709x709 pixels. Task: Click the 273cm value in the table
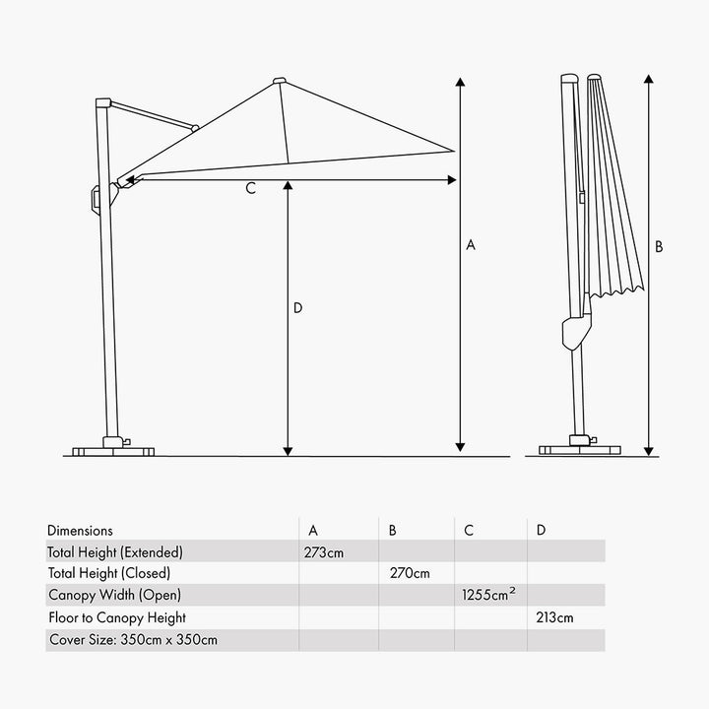[x=323, y=552]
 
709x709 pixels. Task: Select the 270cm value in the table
[x=410, y=573]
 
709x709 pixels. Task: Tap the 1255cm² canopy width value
[x=488, y=594]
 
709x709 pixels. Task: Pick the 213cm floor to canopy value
[x=554, y=617]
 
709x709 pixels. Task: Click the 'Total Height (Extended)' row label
[x=115, y=552]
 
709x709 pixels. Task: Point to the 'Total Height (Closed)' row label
[x=109, y=573]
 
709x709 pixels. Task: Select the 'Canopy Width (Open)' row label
[x=114, y=595]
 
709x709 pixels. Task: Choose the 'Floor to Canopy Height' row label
[x=117, y=618]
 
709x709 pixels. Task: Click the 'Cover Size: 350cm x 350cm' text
[x=133, y=640]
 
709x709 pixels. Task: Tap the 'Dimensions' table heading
[x=80, y=531]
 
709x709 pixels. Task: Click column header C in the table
[x=469, y=531]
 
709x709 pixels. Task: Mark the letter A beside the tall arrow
[x=471, y=245]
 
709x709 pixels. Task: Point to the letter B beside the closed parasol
[x=659, y=247]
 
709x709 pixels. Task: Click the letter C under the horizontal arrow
[x=250, y=188]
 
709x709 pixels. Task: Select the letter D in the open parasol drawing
[x=297, y=308]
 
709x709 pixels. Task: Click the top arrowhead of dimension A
[x=460, y=82]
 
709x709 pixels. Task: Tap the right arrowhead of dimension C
[x=452, y=180]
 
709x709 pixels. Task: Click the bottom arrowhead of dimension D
[x=288, y=451]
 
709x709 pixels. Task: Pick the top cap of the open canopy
[x=280, y=81]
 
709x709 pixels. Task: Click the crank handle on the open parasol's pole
[x=96, y=199]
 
